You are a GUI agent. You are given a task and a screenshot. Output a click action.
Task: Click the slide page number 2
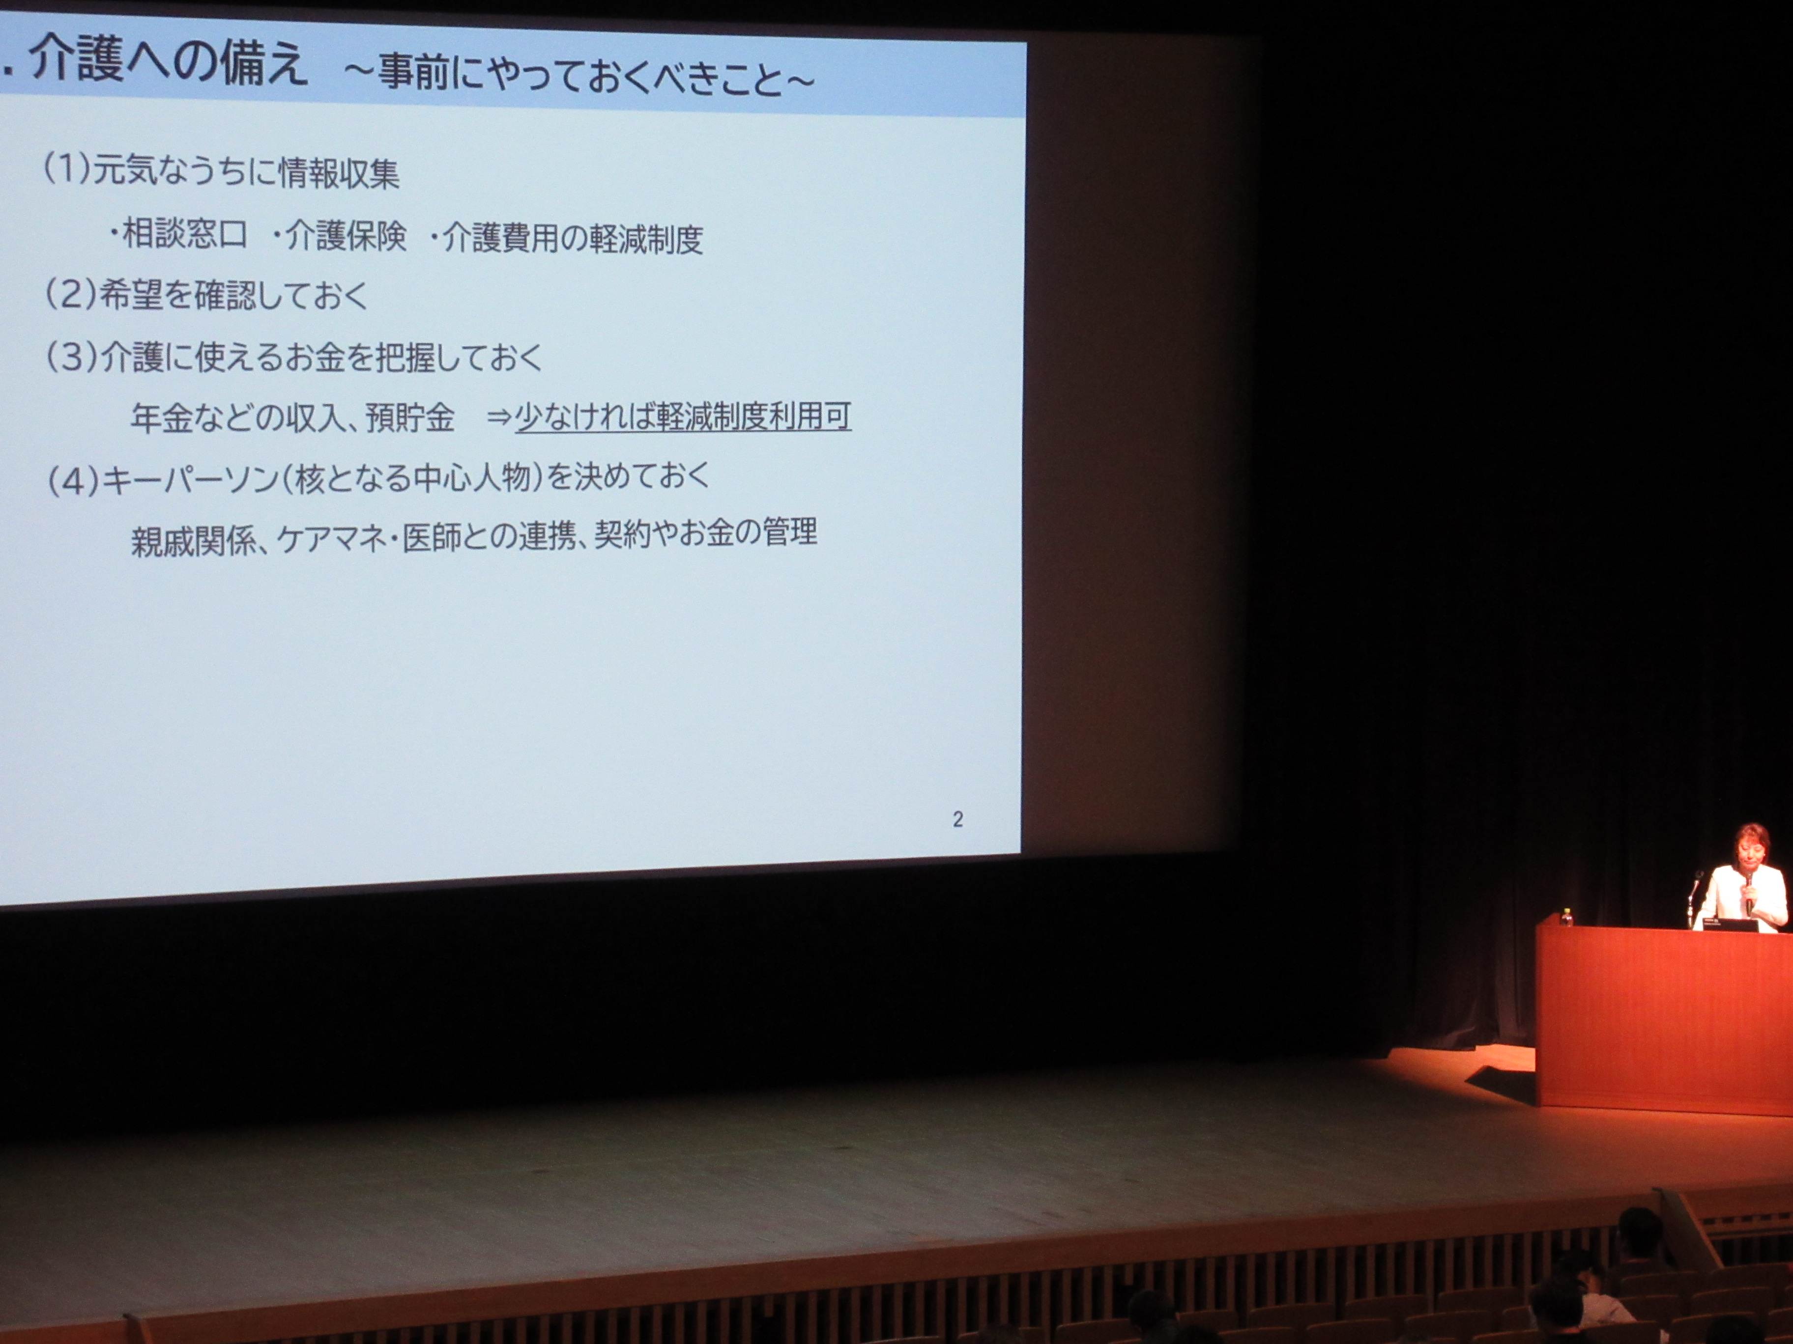[957, 819]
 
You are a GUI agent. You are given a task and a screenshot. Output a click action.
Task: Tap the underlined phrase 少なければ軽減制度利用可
[683, 417]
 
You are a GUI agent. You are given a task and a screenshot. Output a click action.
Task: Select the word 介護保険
[346, 237]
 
